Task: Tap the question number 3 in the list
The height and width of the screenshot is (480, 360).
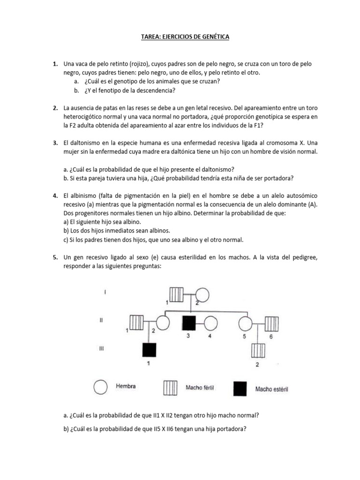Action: (x=55, y=142)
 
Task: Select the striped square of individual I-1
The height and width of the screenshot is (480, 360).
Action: (x=176, y=294)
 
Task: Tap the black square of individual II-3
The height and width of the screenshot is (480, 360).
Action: (x=189, y=323)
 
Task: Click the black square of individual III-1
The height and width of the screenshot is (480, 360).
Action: (x=150, y=350)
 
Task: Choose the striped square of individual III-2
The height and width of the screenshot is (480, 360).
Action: (x=257, y=350)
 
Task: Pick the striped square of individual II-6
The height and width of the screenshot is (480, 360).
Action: (x=271, y=323)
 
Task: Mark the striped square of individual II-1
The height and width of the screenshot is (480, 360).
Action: (x=136, y=323)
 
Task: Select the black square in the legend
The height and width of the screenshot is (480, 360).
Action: (x=240, y=388)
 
